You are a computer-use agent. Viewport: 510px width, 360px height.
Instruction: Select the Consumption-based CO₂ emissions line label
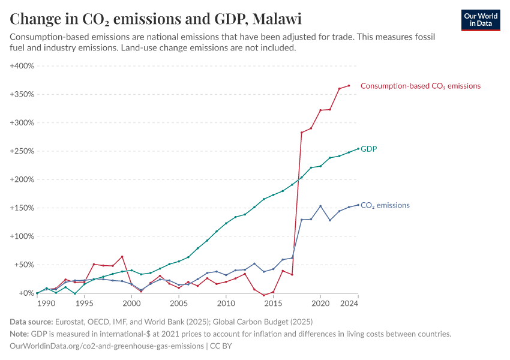420,86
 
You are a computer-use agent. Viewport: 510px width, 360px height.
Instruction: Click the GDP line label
368,149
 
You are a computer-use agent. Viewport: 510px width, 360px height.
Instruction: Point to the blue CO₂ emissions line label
385,205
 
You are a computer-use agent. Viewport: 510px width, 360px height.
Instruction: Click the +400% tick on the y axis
22,65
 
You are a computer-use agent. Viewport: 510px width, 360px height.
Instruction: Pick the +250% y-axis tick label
22,151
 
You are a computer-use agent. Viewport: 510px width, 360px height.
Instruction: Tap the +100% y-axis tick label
22,236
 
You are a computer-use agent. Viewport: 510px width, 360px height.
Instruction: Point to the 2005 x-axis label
179,304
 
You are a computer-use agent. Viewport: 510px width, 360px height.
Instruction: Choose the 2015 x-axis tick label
273,304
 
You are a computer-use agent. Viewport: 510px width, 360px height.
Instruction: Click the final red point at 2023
349,86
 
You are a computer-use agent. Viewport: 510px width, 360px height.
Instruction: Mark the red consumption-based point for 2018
301,133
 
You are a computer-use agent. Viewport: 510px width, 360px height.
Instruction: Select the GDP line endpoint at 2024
358,149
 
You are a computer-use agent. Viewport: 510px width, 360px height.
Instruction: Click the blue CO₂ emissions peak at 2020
320,206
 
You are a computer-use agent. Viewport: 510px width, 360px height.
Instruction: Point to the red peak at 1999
122,257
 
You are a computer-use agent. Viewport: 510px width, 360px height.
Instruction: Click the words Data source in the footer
31,322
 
